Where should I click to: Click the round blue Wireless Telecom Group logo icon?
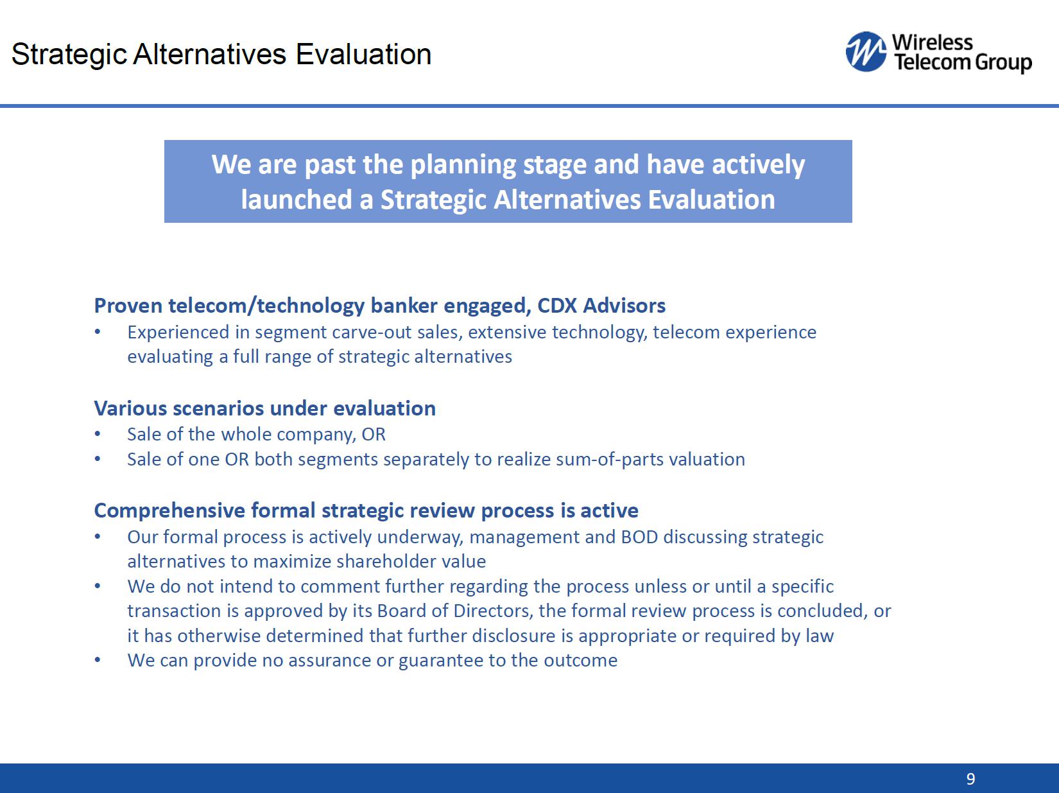point(866,51)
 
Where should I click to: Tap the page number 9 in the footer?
point(970,778)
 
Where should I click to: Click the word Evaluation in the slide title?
point(363,54)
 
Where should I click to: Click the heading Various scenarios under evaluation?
point(265,408)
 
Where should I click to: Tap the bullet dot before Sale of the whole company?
point(98,434)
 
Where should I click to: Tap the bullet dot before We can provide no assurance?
point(98,660)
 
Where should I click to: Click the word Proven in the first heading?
point(128,306)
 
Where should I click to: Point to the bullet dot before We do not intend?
point(98,586)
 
